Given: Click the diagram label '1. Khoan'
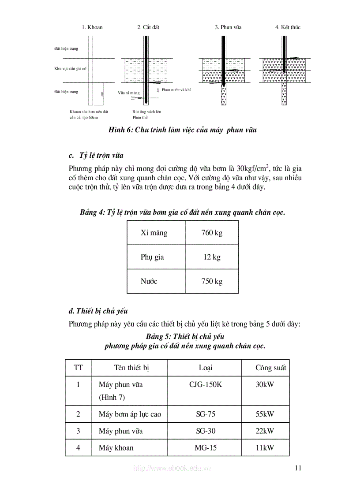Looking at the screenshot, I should tap(92, 27).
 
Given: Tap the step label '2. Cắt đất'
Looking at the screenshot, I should tap(148, 27).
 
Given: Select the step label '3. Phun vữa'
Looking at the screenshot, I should tap(228, 27).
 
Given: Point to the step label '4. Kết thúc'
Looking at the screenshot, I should tap(288, 27).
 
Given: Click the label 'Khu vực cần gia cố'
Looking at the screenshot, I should tap(71, 69).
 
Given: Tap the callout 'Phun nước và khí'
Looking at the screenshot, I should tap(176, 89).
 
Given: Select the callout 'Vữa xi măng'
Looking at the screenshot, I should tap(129, 93).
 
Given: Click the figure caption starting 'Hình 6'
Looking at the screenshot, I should tap(183, 130).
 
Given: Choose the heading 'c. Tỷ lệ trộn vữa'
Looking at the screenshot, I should tap(96, 156).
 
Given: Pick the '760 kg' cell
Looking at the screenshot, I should tap(212, 233).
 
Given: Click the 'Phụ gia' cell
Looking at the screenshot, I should tap(152, 257).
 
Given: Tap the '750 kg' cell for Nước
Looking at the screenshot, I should tap(212, 281).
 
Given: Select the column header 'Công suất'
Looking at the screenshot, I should tap(270, 368).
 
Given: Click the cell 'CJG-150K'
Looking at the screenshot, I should tap(206, 384).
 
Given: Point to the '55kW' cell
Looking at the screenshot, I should tap(265, 414).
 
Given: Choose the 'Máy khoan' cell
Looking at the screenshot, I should tap(116, 448).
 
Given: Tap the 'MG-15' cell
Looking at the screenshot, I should tap(206, 448).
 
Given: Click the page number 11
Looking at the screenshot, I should tap(298, 468).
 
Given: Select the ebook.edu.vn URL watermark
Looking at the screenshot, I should tap(172, 468).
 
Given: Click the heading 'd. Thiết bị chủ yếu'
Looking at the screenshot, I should tap(98, 311).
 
